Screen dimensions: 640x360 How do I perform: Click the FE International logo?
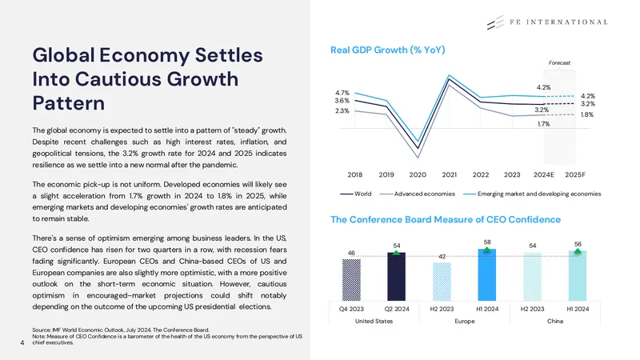click(x=547, y=22)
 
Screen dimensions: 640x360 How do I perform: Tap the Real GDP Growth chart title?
click(x=387, y=50)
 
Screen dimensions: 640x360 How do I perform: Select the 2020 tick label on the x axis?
click(x=418, y=174)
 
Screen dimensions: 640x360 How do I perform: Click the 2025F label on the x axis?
click(x=574, y=174)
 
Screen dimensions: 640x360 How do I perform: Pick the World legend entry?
click(x=356, y=194)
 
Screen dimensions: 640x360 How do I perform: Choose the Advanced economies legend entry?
click(x=417, y=194)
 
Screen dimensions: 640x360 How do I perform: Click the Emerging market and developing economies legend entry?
click(x=532, y=194)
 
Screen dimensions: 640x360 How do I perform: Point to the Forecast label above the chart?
click(x=559, y=63)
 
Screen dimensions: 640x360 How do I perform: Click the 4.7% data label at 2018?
click(x=342, y=93)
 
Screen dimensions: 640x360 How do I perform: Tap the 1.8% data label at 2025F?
click(x=587, y=114)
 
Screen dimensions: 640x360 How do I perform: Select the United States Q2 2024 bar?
click(x=396, y=277)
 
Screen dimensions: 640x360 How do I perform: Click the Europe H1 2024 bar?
click(x=487, y=274)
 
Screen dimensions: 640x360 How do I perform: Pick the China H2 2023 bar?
click(x=532, y=277)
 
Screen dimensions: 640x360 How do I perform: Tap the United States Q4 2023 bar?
click(x=351, y=280)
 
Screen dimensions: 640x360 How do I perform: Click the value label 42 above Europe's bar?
click(x=442, y=257)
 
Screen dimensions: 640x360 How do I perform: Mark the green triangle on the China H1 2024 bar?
click(x=578, y=251)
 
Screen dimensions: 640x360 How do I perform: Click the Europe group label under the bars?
click(x=465, y=322)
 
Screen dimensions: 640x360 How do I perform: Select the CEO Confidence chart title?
click(x=446, y=219)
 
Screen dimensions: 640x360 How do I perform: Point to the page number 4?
click(x=22, y=343)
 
